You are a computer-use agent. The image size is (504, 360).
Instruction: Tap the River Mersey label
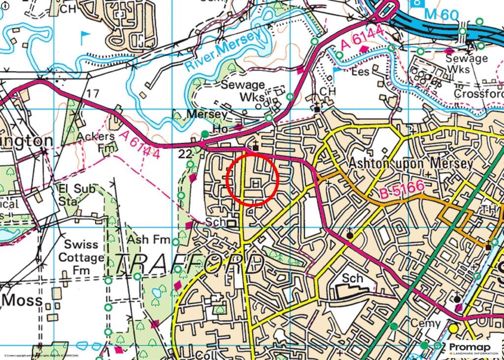tap(223, 51)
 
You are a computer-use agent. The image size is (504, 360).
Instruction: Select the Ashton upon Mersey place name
tap(411, 163)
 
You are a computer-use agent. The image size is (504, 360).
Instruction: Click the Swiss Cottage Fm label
tap(82, 257)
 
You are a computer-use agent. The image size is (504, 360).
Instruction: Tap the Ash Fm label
tap(145, 240)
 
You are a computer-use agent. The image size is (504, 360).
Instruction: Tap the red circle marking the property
tap(252, 179)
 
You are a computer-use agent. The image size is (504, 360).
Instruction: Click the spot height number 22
tap(185, 155)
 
